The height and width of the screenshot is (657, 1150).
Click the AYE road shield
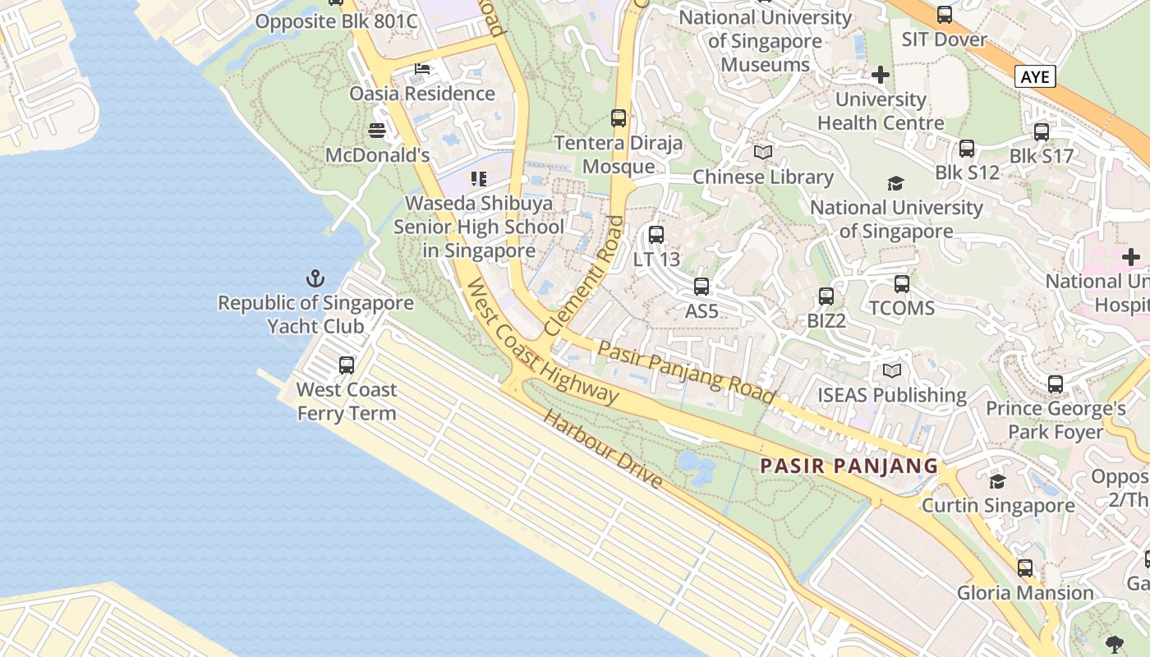[x=1035, y=76]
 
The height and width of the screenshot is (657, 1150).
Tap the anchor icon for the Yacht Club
[x=315, y=278]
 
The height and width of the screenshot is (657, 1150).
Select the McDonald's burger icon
[x=377, y=131]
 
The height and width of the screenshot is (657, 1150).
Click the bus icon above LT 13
[x=655, y=235]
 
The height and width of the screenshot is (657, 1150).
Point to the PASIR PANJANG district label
[x=849, y=466]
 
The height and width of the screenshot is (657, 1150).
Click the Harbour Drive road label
[x=602, y=448]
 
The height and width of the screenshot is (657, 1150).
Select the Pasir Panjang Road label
[x=686, y=372]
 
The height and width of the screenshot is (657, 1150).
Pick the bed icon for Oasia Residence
[x=422, y=69]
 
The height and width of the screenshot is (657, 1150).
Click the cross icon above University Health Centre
[x=881, y=76]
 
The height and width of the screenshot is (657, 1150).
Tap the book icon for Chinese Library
[x=763, y=153]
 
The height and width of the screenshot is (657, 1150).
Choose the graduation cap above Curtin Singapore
[x=997, y=481]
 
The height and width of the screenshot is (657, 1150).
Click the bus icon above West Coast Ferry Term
[x=347, y=365]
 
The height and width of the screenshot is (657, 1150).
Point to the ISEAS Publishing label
[x=891, y=395]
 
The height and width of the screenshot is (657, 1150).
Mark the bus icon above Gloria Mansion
[x=1025, y=567]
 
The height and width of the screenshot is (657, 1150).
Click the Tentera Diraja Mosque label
[x=619, y=154]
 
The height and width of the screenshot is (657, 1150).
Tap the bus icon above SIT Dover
[x=945, y=15]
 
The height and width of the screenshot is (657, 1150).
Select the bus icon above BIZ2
[x=826, y=296]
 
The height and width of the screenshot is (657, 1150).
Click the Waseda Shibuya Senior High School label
[x=480, y=227]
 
